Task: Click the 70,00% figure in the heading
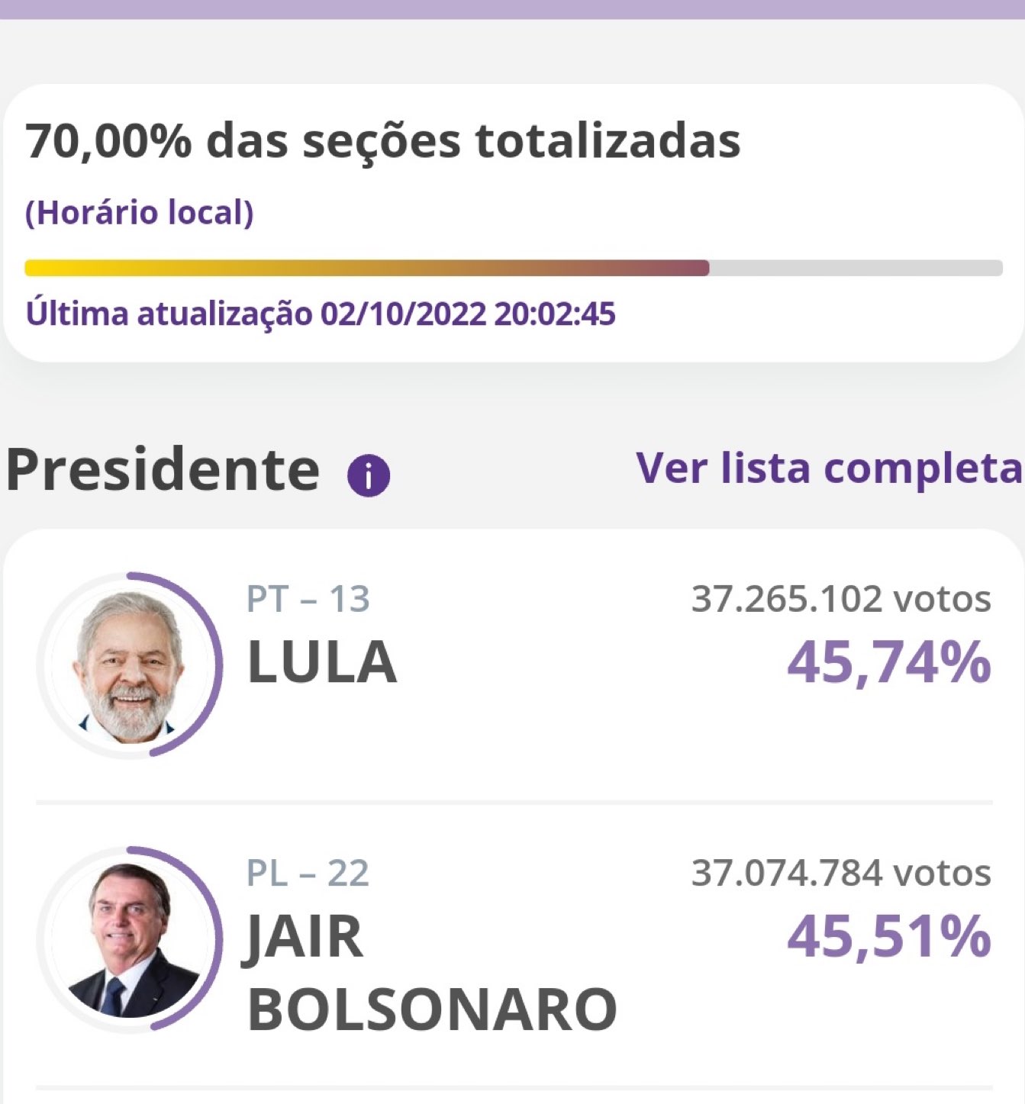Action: click(108, 142)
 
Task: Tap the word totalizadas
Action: click(608, 142)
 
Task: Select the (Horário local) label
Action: click(139, 213)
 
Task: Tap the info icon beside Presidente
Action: click(369, 476)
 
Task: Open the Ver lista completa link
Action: click(828, 468)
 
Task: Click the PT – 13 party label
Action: click(308, 600)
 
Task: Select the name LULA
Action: click(322, 662)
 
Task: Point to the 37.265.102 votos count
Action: click(840, 600)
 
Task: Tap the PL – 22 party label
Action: click(308, 874)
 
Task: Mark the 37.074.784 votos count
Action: click(840, 874)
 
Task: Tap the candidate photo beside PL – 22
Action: click(128, 940)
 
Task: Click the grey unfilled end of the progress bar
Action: click(855, 269)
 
